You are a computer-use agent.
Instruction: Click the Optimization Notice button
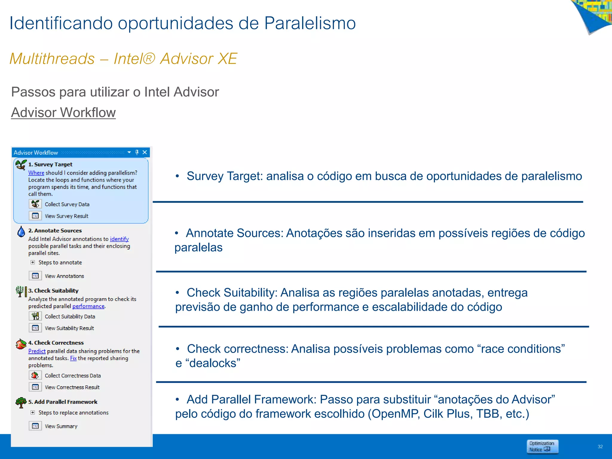(542, 446)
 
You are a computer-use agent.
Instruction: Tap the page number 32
(600, 447)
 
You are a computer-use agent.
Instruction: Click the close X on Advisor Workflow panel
(145, 152)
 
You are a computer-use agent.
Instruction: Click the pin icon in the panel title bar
(137, 152)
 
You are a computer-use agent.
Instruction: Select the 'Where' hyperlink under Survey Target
(36, 173)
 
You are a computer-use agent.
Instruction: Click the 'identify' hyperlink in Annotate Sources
(119, 239)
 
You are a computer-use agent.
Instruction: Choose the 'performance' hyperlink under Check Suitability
(88, 306)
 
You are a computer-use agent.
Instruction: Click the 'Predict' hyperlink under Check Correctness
(37, 351)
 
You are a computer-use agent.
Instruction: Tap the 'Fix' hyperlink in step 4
(73, 358)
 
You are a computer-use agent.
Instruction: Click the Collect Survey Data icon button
(35, 204)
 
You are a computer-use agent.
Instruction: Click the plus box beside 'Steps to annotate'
(33, 262)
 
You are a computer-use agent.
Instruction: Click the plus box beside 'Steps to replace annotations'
(33, 412)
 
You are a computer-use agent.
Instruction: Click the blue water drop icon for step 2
(21, 232)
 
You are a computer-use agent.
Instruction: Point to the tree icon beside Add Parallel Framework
(21, 403)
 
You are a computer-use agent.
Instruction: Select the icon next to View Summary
(35, 426)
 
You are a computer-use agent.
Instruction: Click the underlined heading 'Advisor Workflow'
(63, 113)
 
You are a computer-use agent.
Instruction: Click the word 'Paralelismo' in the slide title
(310, 23)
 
